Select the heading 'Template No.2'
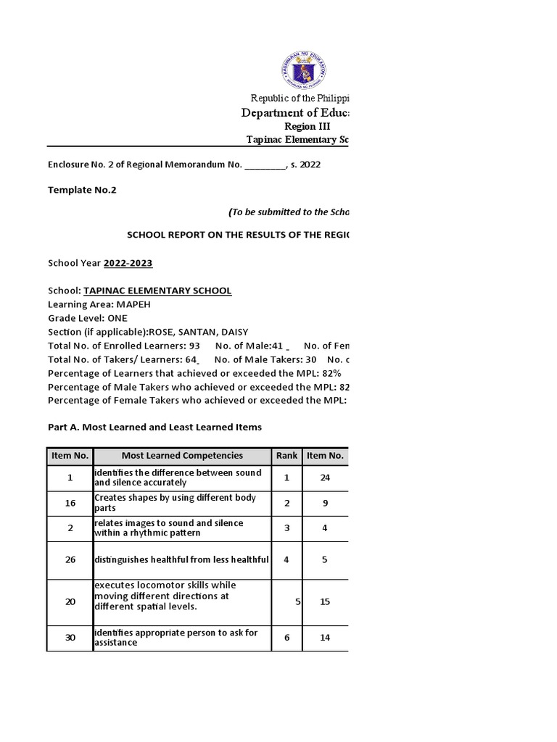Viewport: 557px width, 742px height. pyautogui.click(x=81, y=190)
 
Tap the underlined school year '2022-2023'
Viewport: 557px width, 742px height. pyautogui.click(x=128, y=263)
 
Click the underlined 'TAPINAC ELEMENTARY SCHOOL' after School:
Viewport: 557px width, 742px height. pyautogui.click(x=157, y=291)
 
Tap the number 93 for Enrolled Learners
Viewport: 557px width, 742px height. pyautogui.click(x=194, y=346)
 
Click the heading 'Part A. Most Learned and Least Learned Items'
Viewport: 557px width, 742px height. pyautogui.click(x=154, y=427)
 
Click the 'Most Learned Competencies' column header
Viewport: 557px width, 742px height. pyautogui.click(x=182, y=456)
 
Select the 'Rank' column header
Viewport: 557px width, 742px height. pyautogui.click(x=286, y=456)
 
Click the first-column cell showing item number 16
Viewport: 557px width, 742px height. pyautogui.click(x=70, y=503)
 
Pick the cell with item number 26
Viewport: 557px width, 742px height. pyautogui.click(x=70, y=559)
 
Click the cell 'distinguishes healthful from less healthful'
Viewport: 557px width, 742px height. pyautogui.click(x=181, y=559)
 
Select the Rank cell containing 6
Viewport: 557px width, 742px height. pyautogui.click(x=286, y=638)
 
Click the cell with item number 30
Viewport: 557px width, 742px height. pyautogui.click(x=70, y=638)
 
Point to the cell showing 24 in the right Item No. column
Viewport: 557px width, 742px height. pyautogui.click(x=325, y=478)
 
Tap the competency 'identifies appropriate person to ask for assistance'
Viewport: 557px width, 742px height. pyautogui.click(x=176, y=638)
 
